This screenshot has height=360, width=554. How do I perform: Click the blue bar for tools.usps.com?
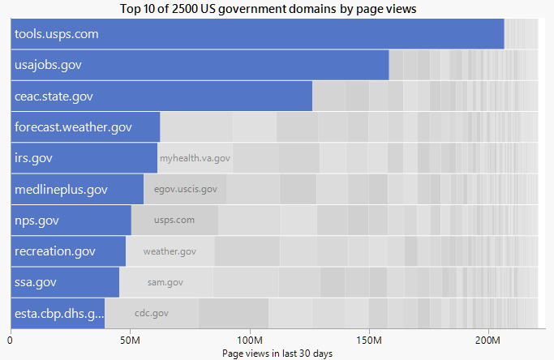pos(257,34)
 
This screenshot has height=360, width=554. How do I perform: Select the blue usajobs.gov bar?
pos(200,65)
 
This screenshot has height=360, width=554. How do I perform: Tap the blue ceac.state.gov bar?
pos(161,96)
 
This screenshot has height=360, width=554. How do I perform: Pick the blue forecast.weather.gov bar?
pos(85,127)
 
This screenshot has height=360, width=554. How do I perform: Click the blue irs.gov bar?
pos(84,158)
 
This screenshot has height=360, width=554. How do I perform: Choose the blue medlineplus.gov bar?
pos(77,189)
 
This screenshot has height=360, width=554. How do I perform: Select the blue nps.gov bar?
pos(71,220)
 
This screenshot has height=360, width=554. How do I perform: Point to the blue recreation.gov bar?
pos(68,251)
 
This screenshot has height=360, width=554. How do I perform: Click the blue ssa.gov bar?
pos(65,282)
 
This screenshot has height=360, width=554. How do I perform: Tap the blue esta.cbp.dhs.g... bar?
pos(58,313)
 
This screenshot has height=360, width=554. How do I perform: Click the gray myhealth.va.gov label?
pos(195,158)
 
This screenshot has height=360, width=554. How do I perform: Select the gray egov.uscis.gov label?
pos(185,189)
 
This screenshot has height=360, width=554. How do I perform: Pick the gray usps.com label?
pos(174,220)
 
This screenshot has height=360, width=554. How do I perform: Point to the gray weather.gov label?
pos(170,251)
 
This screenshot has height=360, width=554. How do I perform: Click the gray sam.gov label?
pos(165,282)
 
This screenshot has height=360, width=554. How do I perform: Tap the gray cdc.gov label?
pos(151,313)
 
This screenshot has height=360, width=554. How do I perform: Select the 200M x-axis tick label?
pos(488,340)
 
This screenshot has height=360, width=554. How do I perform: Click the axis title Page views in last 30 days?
pos(277,354)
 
